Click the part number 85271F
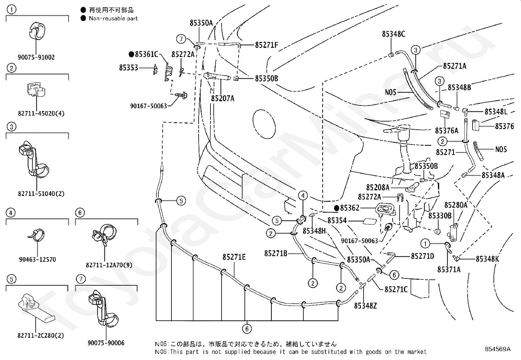266,45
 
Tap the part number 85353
129,67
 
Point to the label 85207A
223,99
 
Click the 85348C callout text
394,34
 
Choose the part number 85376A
447,131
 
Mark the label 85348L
496,112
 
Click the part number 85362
347,208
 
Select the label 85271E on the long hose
234,257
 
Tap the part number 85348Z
366,306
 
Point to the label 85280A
456,205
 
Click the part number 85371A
449,269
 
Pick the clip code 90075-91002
36,57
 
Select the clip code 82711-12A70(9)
109,265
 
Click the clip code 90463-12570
37,259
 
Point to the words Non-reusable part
113,18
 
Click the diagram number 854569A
498,349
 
